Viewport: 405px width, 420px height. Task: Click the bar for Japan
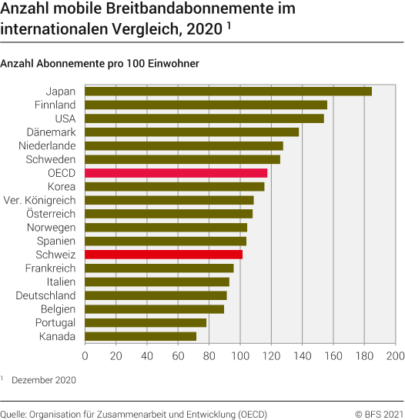(228, 92)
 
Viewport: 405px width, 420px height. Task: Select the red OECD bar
(176, 173)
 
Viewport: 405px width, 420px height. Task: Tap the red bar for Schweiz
(163, 254)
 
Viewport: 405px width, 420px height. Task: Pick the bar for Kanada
(140, 336)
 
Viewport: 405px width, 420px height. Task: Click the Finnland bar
(206, 105)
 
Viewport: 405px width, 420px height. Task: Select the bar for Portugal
(146, 322)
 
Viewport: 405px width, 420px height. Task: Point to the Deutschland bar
(156, 295)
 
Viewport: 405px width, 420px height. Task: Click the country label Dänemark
(51, 132)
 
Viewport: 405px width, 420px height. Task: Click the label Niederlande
(47, 145)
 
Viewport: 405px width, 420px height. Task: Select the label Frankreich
(50, 268)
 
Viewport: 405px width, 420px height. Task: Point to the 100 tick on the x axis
(240, 356)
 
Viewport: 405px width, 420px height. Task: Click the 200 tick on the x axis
(395, 356)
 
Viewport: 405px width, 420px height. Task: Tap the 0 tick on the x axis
(85, 356)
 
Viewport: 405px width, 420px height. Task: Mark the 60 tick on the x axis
(178, 356)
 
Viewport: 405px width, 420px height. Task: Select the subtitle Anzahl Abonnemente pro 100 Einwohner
(100, 63)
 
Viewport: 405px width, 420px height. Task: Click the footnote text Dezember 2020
(43, 379)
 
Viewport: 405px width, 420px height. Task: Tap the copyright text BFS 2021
(379, 414)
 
